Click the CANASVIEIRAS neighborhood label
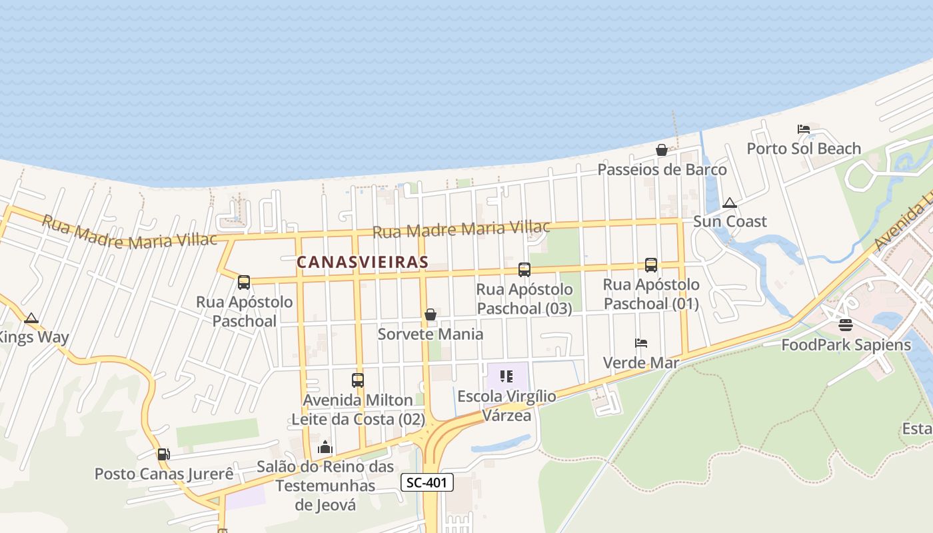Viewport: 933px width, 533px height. point(362,262)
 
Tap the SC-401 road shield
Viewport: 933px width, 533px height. point(427,482)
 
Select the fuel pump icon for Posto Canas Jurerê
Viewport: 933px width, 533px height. point(163,454)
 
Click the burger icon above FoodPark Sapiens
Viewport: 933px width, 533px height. point(846,325)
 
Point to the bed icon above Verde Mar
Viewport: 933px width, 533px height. point(641,343)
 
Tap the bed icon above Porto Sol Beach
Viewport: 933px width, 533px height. point(804,129)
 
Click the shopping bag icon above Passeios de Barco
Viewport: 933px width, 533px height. point(662,150)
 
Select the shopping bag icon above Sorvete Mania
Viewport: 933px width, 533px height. point(431,314)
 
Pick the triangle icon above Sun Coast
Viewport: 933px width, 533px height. point(730,203)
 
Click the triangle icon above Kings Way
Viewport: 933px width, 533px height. point(31,318)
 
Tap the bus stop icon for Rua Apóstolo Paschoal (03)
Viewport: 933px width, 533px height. point(524,269)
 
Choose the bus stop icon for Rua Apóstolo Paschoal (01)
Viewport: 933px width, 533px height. point(651,265)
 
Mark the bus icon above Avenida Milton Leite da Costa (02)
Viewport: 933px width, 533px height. point(358,380)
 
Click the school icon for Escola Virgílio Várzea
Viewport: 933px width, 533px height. point(506,376)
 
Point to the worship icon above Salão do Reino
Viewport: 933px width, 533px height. point(325,447)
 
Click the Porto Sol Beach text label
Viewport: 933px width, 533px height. point(804,149)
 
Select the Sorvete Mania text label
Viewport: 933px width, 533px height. point(431,334)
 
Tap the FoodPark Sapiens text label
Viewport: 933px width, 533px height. point(846,345)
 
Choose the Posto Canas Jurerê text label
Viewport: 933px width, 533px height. point(164,474)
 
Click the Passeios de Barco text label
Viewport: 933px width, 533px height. point(662,170)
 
